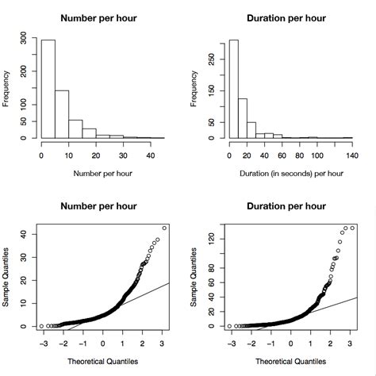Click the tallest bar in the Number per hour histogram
(x=48, y=89)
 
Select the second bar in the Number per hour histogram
(x=62, y=114)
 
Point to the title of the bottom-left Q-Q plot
(x=102, y=207)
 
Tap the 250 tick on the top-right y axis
(x=210, y=57)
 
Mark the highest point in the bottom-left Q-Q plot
(x=164, y=228)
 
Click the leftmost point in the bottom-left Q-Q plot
(x=41, y=326)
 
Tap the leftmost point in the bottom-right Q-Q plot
(x=229, y=326)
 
